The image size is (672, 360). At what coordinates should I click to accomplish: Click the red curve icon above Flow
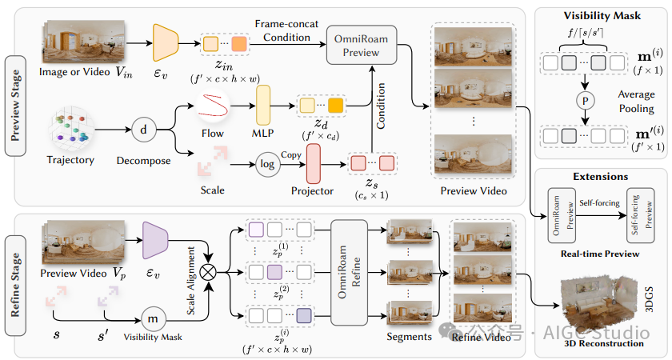pyautogui.click(x=214, y=104)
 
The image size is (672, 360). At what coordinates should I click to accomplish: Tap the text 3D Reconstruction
pyautogui.click(x=604, y=344)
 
